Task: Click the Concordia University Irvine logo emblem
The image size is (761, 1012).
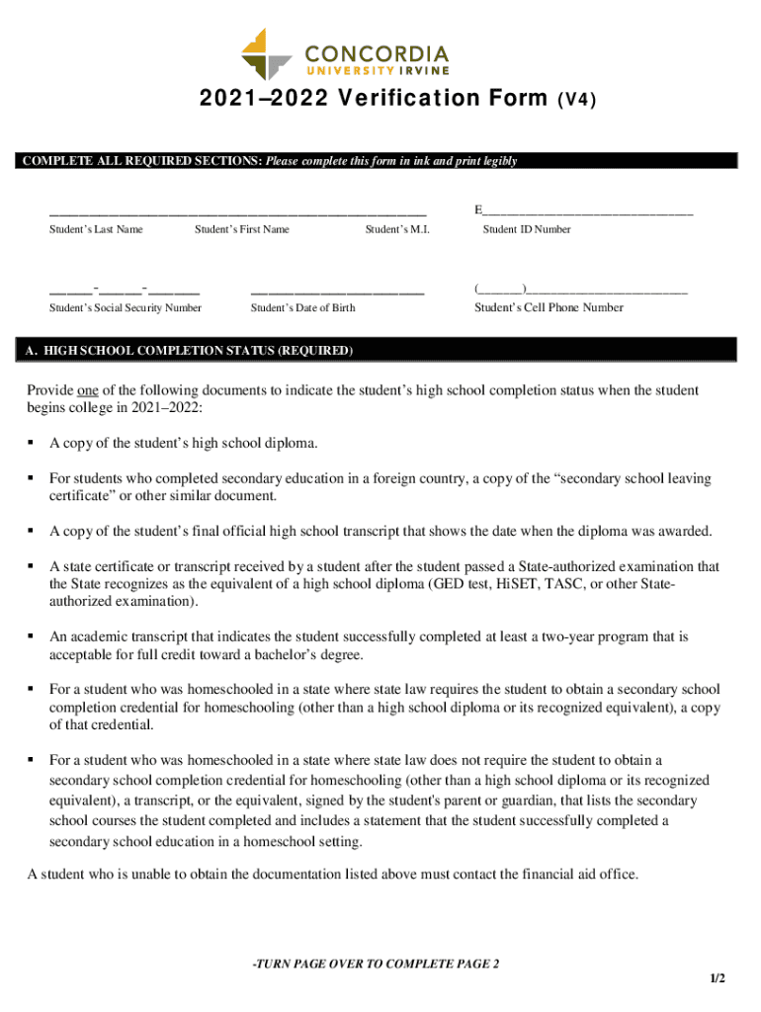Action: pos(267,54)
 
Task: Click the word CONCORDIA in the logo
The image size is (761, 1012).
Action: pos(377,52)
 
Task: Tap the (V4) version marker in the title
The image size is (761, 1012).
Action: pos(578,100)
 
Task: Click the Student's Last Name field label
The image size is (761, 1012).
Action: pos(96,229)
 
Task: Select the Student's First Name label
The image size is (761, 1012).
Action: pos(242,229)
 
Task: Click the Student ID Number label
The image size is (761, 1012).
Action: pos(527,229)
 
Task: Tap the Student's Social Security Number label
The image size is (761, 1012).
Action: pos(126,307)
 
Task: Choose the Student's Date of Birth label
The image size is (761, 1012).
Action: pos(303,307)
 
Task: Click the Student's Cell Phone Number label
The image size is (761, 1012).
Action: pos(549,307)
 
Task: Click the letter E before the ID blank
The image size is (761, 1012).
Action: pos(478,211)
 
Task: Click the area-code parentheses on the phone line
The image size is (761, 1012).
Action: pos(500,289)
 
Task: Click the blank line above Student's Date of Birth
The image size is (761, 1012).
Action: pos(337,292)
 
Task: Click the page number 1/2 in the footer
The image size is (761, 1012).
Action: pos(717,978)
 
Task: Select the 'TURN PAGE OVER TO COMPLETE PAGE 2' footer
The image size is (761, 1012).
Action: pos(376,964)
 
